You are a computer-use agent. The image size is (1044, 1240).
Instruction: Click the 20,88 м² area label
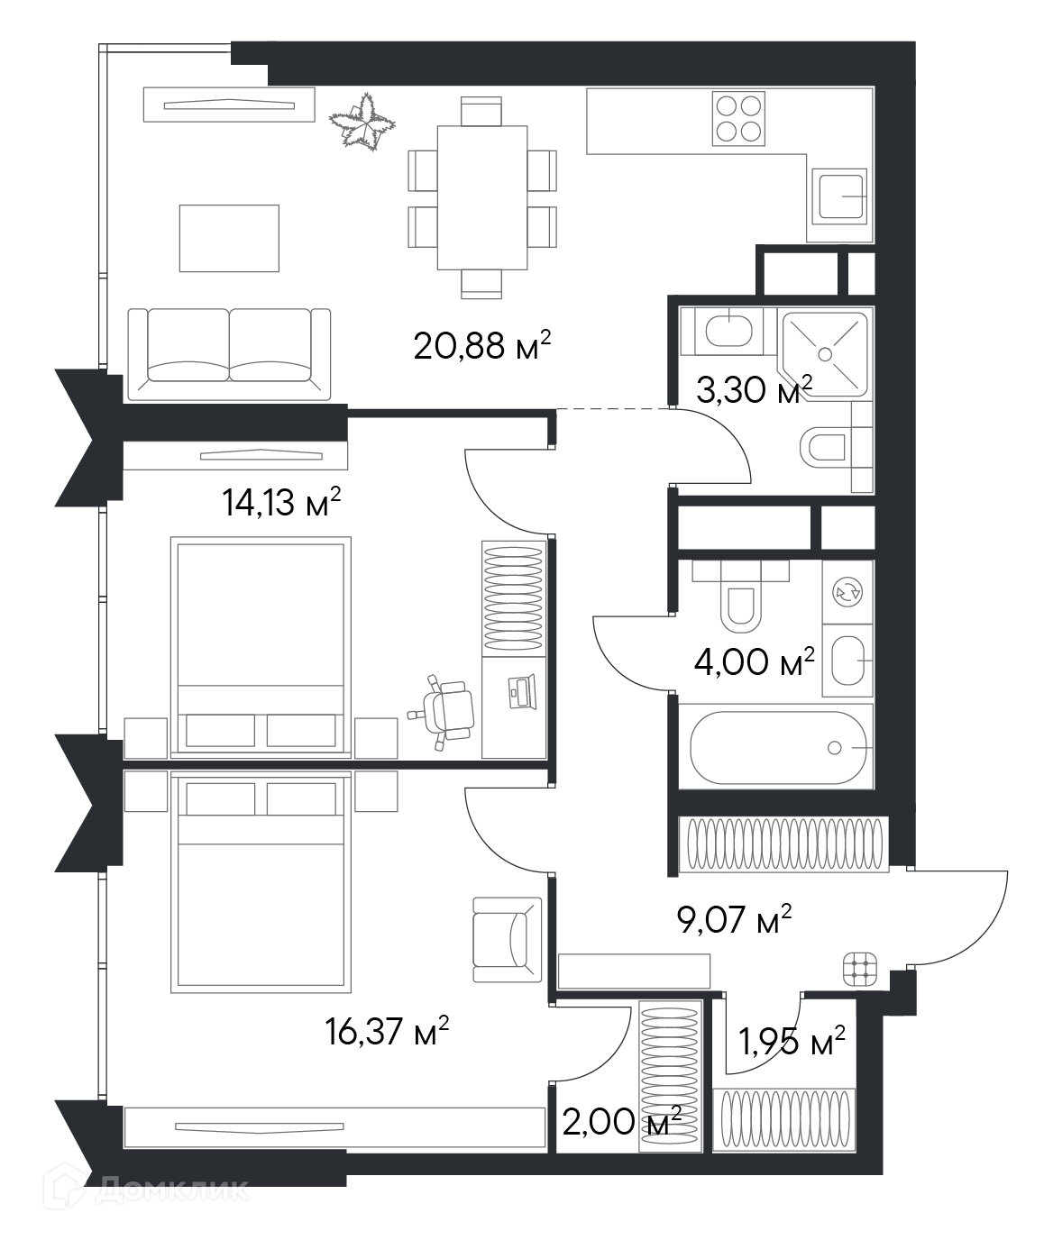(482, 345)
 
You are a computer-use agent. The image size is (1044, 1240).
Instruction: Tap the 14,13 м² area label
(281, 502)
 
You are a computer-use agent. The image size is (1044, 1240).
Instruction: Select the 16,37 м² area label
(386, 1031)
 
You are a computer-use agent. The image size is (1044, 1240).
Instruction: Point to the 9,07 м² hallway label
(734, 920)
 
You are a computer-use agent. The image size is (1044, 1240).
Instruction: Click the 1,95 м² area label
(791, 1041)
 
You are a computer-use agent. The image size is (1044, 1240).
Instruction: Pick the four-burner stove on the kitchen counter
(738, 118)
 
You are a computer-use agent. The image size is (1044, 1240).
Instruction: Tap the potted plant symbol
(362, 121)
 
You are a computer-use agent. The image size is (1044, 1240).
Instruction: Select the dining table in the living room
(482, 197)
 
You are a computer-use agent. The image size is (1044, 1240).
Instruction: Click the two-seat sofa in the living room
(229, 354)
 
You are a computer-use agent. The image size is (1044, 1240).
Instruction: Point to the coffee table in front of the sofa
(229, 238)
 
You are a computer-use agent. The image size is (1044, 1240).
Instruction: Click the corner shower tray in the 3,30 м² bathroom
(825, 354)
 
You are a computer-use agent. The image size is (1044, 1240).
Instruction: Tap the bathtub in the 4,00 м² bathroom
(777, 747)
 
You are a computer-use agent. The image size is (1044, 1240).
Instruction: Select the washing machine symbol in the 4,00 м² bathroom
(847, 591)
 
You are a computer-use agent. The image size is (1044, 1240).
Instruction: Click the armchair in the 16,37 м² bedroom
(507, 940)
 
